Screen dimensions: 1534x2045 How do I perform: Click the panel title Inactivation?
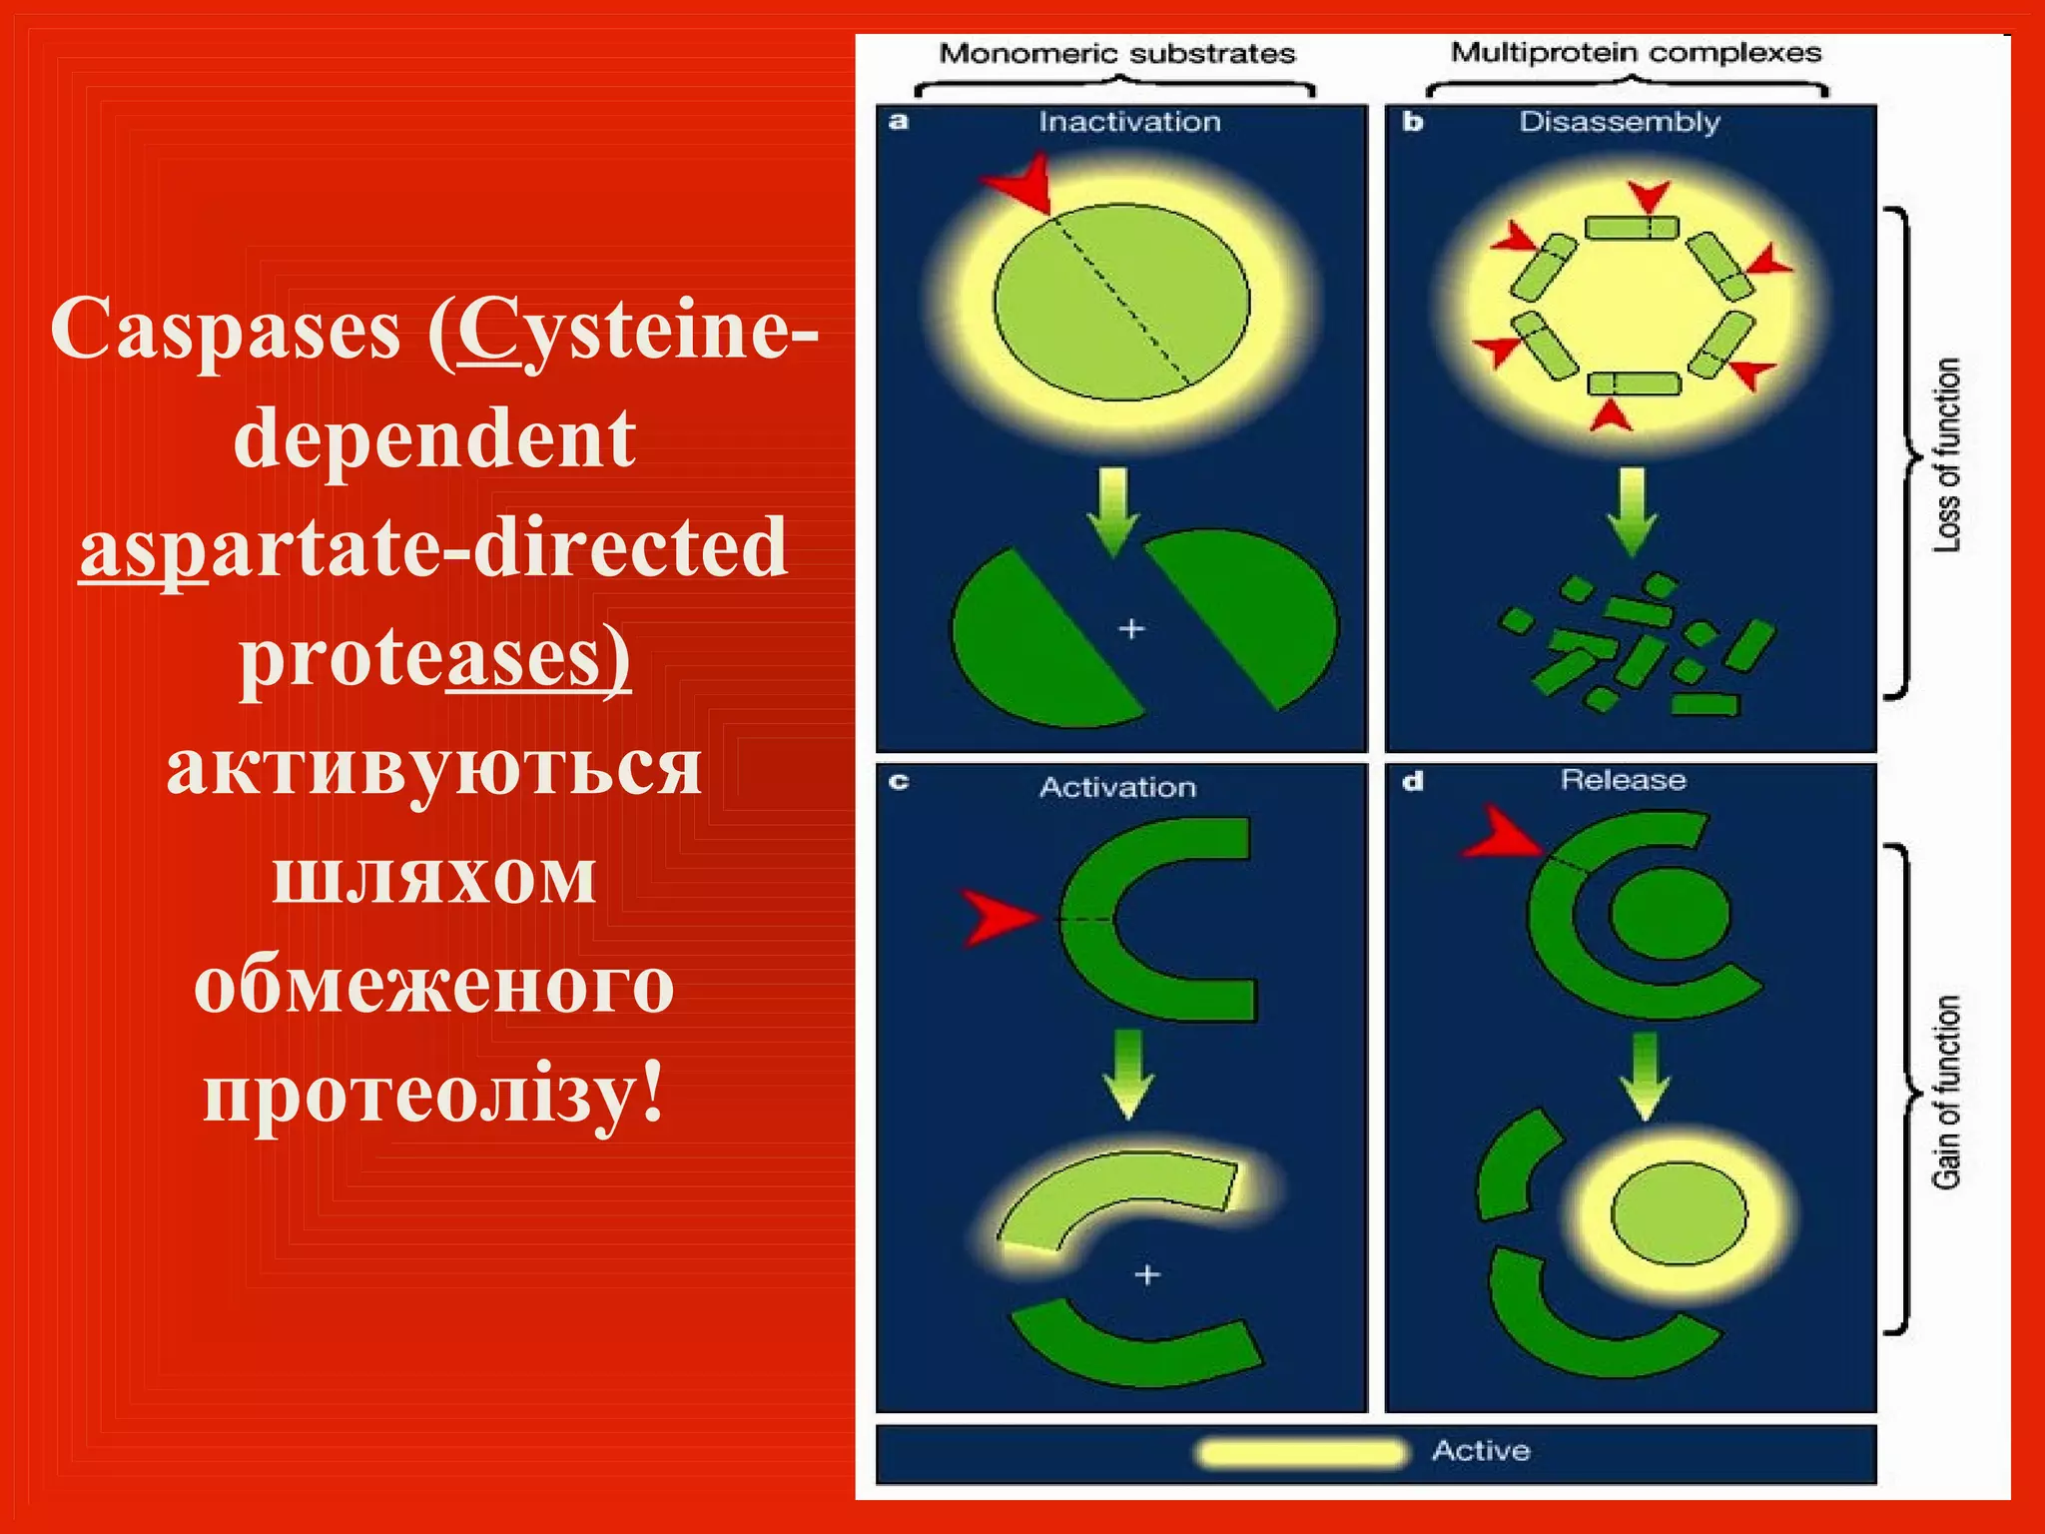[x=1129, y=122]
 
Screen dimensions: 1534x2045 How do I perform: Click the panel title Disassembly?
[x=1620, y=122]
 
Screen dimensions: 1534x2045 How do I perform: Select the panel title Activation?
[x=1117, y=787]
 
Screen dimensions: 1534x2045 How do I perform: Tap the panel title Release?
[x=1623, y=780]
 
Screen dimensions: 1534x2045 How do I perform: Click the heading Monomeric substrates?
[x=1116, y=53]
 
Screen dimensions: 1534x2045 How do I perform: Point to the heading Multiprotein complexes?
[x=1636, y=52]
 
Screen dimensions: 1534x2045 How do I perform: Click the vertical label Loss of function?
[x=1947, y=454]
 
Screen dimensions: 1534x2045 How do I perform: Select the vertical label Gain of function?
[x=1947, y=1092]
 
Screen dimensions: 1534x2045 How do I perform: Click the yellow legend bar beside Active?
[x=1301, y=1452]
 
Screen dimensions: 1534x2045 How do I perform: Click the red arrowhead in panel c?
[x=997, y=916]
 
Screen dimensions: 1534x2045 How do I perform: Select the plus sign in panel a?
[x=1130, y=629]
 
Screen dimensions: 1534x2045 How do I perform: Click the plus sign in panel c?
[x=1147, y=1274]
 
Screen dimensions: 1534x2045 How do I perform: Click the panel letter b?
[x=1412, y=122]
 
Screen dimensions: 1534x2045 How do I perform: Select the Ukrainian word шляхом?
[x=434, y=875]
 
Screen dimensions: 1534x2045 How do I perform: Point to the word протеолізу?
[x=434, y=1093]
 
